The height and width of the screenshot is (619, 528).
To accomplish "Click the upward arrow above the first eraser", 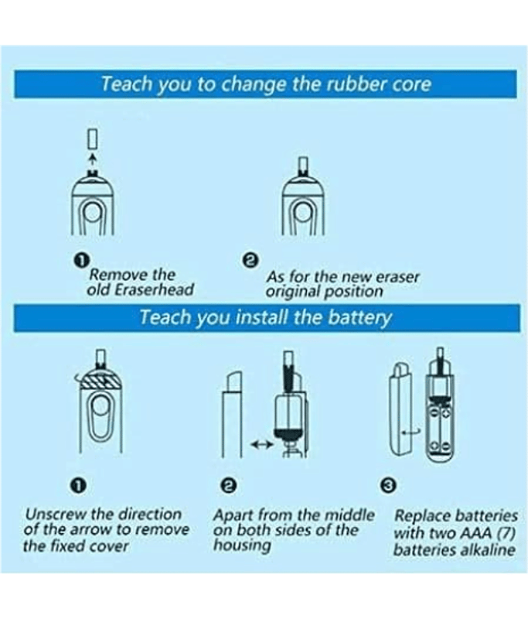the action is pyautogui.click(x=93, y=158).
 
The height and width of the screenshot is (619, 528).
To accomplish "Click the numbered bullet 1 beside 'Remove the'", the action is pyautogui.click(x=82, y=260).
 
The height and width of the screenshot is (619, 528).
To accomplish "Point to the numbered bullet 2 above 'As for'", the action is pyautogui.click(x=251, y=260).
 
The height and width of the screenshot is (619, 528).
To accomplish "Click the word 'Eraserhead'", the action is pyautogui.click(x=154, y=289).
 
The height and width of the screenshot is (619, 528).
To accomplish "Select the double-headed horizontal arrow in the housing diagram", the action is pyautogui.click(x=261, y=444).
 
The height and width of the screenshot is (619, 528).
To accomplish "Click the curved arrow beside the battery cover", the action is pyautogui.click(x=411, y=433).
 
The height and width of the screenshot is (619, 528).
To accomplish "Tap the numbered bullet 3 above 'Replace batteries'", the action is pyautogui.click(x=388, y=484).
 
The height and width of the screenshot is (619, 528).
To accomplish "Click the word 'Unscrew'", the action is pyautogui.click(x=55, y=514).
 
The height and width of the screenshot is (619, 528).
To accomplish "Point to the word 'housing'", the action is pyautogui.click(x=242, y=545).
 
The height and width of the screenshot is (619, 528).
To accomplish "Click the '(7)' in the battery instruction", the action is pyautogui.click(x=506, y=533).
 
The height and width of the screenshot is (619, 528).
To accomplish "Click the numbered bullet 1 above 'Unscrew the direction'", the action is pyautogui.click(x=79, y=485).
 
